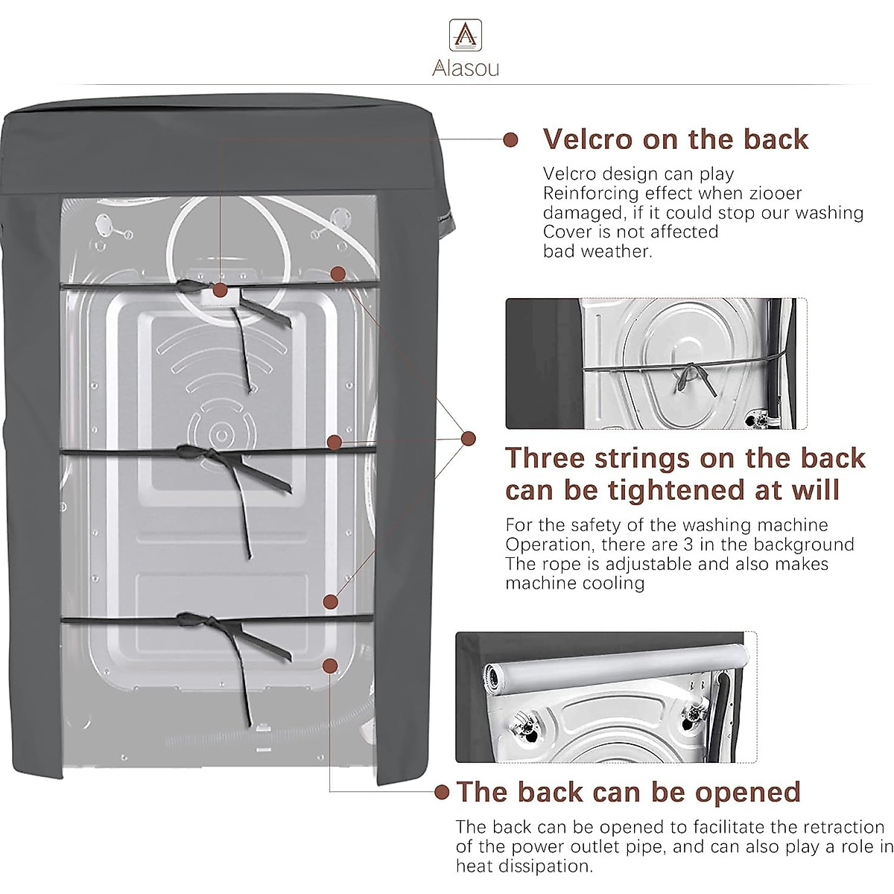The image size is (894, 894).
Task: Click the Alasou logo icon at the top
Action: pyautogui.click(x=466, y=35)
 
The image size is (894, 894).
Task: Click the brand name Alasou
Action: pyautogui.click(x=466, y=69)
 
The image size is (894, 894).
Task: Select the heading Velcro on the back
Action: pyautogui.click(x=676, y=139)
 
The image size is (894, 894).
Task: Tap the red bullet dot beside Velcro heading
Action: pyautogui.click(x=510, y=139)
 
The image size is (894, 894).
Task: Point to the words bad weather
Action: pyautogui.click(x=597, y=251)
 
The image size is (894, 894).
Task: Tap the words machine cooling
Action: pyautogui.click(x=575, y=583)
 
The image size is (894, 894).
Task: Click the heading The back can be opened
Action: pyautogui.click(x=628, y=791)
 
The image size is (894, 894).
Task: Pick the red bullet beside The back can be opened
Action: pyautogui.click(x=442, y=792)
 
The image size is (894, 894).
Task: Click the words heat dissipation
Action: pyautogui.click(x=524, y=866)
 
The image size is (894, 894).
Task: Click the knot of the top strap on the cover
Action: pyautogui.click(x=188, y=286)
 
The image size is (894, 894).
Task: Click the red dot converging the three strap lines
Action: pyautogui.click(x=469, y=438)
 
